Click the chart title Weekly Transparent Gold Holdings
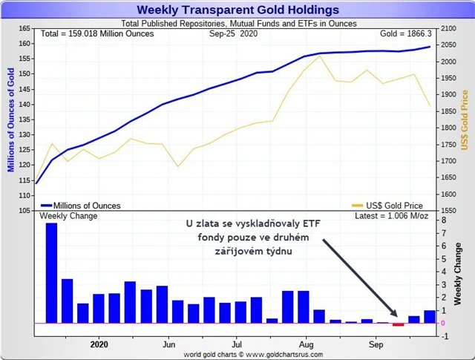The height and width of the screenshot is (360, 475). [x=238, y=10]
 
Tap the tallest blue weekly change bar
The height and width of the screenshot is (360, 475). [x=51, y=272]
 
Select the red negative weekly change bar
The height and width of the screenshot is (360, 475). [x=398, y=324]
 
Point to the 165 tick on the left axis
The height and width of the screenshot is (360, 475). [x=22, y=28]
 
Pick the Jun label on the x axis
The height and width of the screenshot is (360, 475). [x=168, y=344]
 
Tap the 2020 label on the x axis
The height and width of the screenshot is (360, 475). [x=99, y=344]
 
